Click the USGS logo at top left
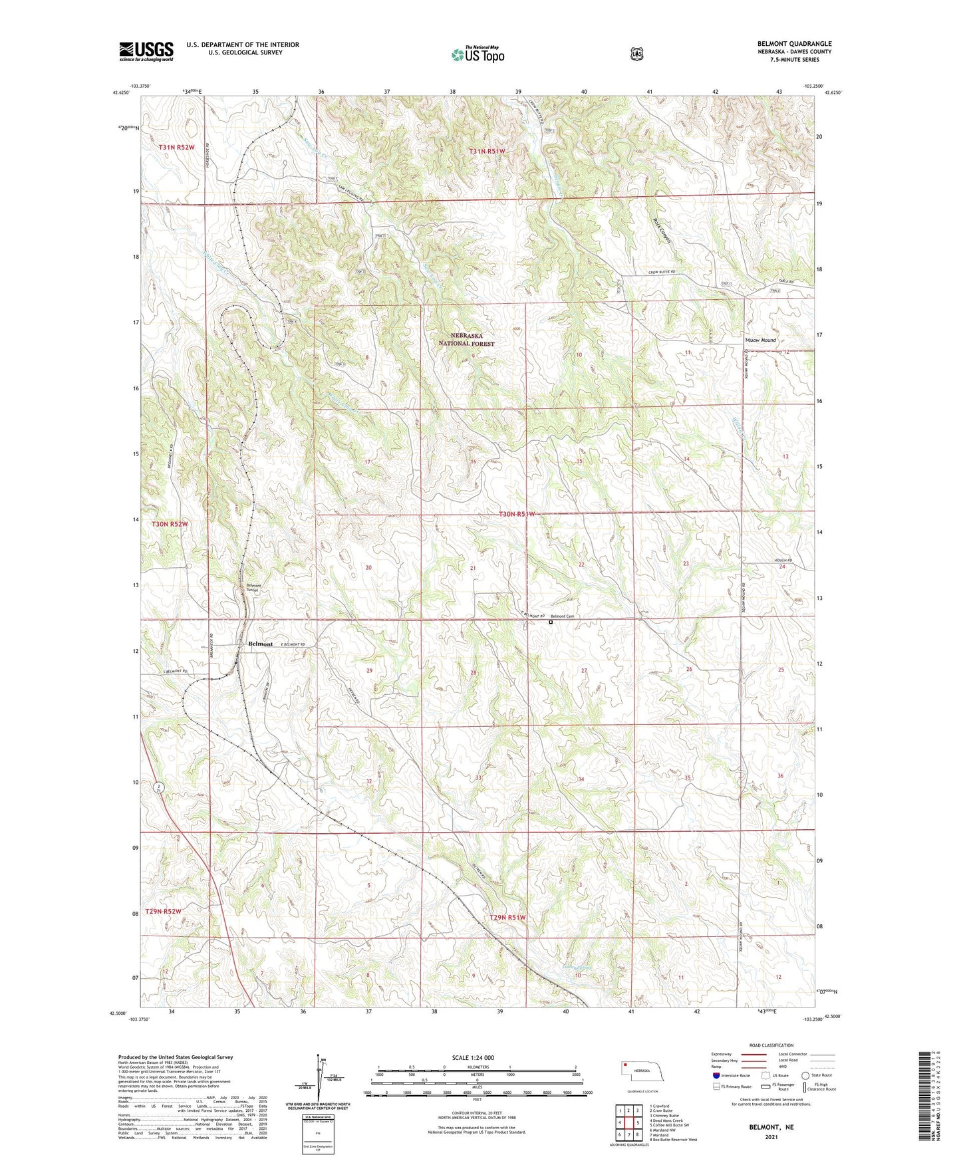146,51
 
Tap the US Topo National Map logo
478,54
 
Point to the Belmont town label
260,644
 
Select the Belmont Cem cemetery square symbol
551,622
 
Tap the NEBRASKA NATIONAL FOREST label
466,340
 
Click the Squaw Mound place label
759,340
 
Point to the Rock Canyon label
662,231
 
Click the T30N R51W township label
517,514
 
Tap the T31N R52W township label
176,147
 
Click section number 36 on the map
780,776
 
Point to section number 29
370,671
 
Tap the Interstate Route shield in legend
716,1075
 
